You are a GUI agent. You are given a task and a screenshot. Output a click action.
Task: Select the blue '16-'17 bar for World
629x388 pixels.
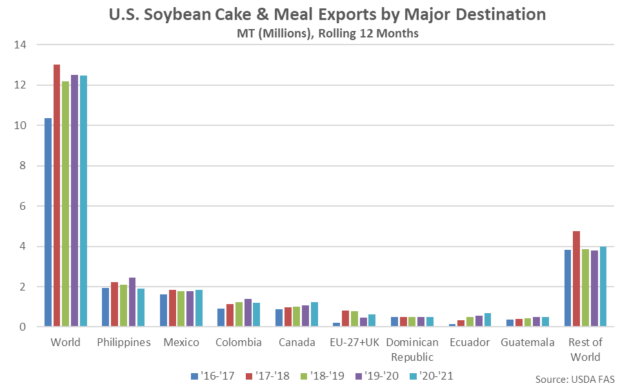click(48, 223)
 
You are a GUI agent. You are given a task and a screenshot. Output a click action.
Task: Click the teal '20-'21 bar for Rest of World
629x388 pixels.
click(603, 287)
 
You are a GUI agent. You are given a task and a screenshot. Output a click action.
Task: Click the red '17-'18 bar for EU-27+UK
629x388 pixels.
click(345, 318)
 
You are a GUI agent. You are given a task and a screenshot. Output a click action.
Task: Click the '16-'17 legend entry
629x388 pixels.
click(211, 375)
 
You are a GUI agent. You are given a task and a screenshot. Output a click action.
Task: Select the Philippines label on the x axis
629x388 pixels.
click(124, 342)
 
